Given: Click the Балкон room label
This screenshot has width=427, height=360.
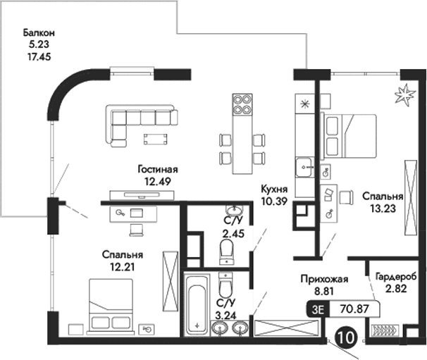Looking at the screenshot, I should pyautogui.click(x=38, y=32).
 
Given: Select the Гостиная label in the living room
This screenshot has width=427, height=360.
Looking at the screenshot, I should pyautogui.click(x=158, y=170).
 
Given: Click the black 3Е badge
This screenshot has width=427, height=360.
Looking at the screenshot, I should pyautogui.click(x=318, y=308).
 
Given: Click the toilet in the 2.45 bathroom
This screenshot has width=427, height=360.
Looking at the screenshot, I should pyautogui.click(x=227, y=249).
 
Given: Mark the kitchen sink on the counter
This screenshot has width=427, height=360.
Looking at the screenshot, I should pyautogui.click(x=305, y=168).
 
